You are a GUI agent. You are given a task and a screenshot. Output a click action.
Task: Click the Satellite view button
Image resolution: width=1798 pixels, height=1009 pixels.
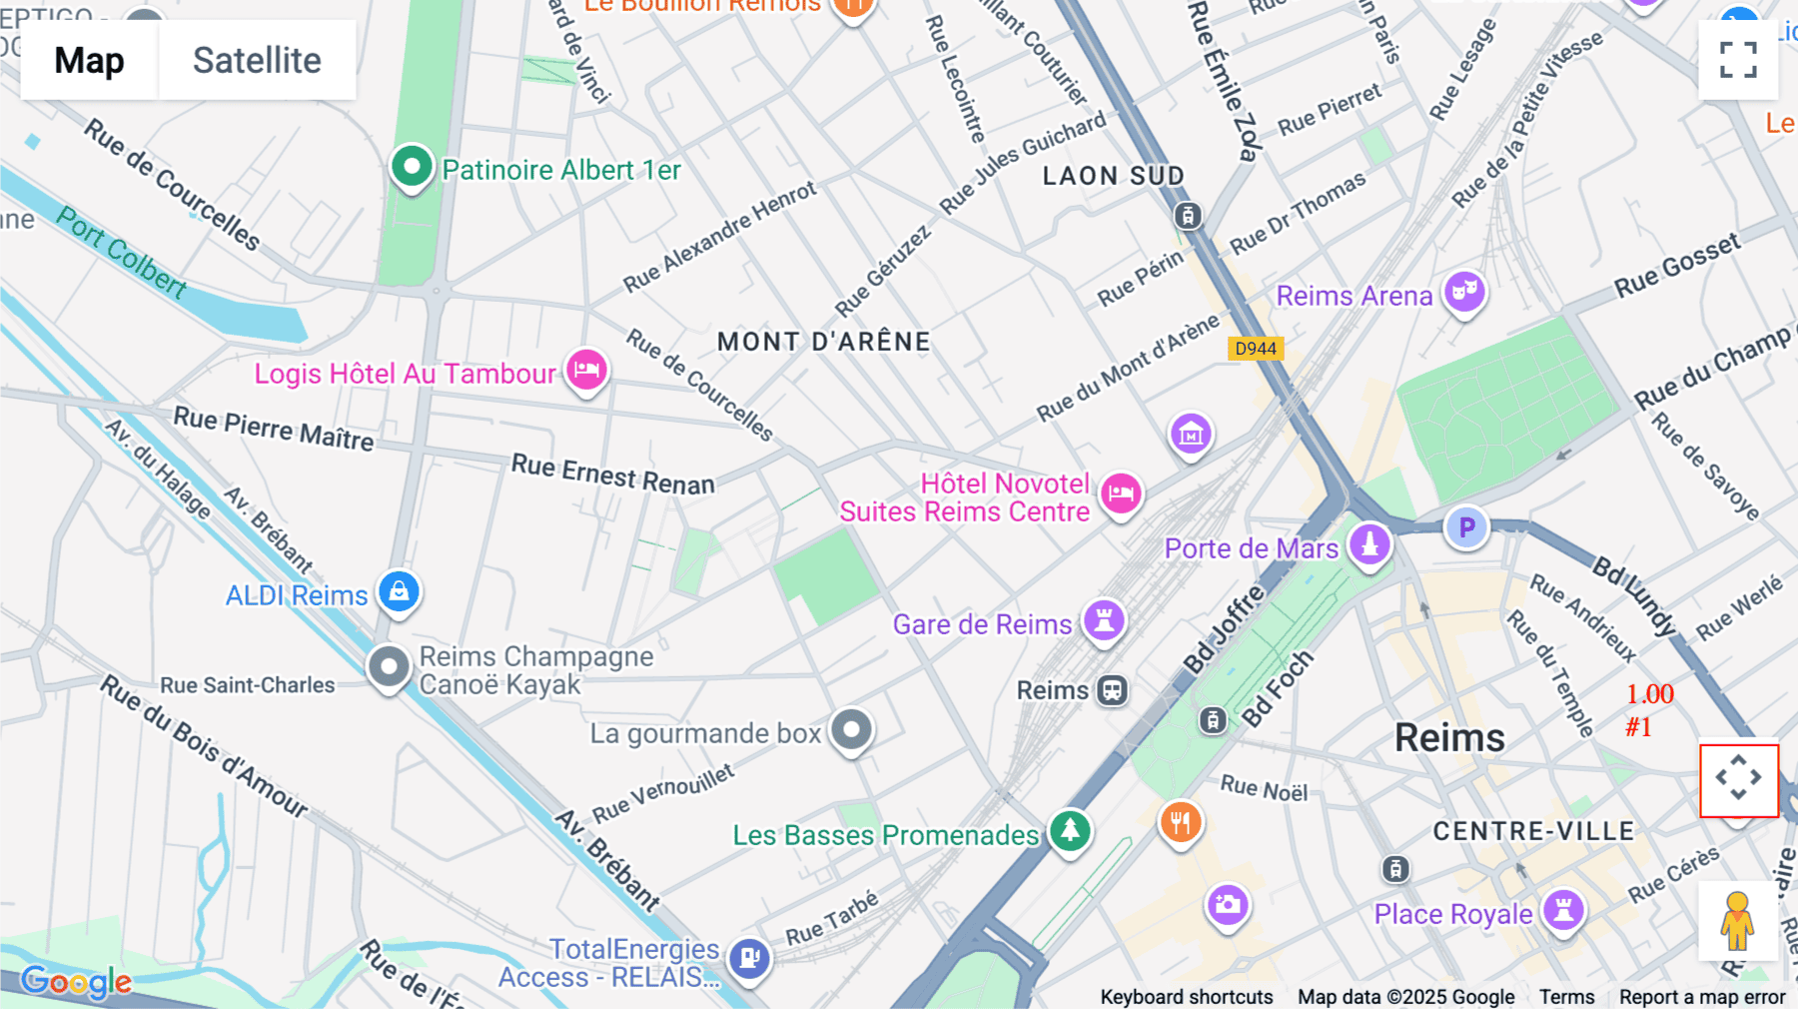[x=257, y=61]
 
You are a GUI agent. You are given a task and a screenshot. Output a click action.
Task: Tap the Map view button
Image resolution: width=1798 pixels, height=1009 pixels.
[x=89, y=61]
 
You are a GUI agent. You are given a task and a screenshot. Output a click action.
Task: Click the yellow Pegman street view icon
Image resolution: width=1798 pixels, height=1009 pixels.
[x=1737, y=920]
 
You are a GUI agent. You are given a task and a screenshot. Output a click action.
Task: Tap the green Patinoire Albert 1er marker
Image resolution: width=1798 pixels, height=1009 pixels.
[x=412, y=166]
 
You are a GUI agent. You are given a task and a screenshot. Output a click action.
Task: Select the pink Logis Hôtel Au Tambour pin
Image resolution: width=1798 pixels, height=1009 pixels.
[x=587, y=370]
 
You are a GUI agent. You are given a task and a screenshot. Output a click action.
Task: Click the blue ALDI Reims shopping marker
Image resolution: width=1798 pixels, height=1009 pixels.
[x=399, y=591]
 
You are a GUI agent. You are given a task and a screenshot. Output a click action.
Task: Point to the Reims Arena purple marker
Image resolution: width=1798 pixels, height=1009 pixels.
[x=1464, y=293]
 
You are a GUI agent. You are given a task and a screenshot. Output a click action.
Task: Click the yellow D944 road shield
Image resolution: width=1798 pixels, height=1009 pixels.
[x=1255, y=349]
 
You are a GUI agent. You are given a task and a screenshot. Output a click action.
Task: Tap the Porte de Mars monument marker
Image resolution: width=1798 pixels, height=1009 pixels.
[x=1369, y=545]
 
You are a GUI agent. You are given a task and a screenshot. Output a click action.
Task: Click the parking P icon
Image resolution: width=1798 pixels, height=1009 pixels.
[x=1466, y=527]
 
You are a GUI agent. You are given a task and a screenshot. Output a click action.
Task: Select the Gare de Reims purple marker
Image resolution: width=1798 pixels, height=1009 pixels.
[x=1104, y=621]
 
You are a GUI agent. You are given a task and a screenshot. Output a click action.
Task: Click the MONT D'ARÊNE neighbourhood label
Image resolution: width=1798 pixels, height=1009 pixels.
[x=823, y=342]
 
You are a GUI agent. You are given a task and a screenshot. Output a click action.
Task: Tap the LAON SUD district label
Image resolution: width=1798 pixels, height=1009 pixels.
[x=1113, y=176]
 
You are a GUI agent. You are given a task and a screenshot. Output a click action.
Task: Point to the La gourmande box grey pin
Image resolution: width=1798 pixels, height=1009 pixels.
[x=851, y=730]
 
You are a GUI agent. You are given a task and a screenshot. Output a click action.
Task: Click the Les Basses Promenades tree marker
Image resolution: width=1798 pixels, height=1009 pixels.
[x=1070, y=830]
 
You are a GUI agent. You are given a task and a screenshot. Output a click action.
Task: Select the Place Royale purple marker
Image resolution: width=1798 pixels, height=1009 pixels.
[x=1563, y=911]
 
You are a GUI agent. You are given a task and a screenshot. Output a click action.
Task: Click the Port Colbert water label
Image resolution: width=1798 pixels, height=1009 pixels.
[x=121, y=253]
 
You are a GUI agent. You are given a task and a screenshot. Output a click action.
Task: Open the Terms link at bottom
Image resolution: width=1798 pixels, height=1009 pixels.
[x=1566, y=996]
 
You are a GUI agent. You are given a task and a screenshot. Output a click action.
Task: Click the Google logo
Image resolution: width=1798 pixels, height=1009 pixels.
[x=76, y=982]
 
